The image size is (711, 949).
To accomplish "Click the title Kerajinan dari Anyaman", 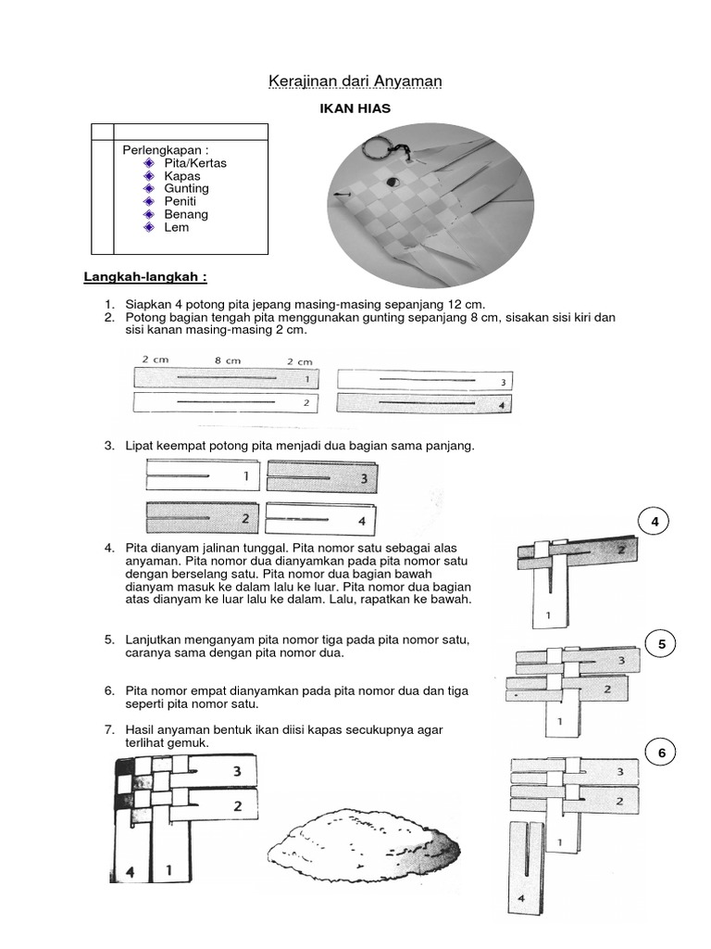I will pyautogui.click(x=355, y=82).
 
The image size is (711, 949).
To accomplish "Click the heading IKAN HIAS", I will pyautogui.click(x=355, y=109).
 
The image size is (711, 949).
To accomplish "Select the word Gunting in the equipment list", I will pyautogui.click(x=186, y=189).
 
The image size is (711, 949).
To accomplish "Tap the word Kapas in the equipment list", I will pyautogui.click(x=181, y=176).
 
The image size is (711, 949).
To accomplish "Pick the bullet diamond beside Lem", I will pyautogui.click(x=150, y=228).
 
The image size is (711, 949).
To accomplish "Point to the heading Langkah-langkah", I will pyautogui.click(x=145, y=276).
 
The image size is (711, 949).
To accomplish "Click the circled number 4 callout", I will pyautogui.click(x=655, y=522).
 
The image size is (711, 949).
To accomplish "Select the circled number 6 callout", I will pyautogui.click(x=662, y=753).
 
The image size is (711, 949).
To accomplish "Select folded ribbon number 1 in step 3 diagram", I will pyautogui.click(x=203, y=476).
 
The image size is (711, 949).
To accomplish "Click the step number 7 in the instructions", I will pyautogui.click(x=109, y=730).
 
